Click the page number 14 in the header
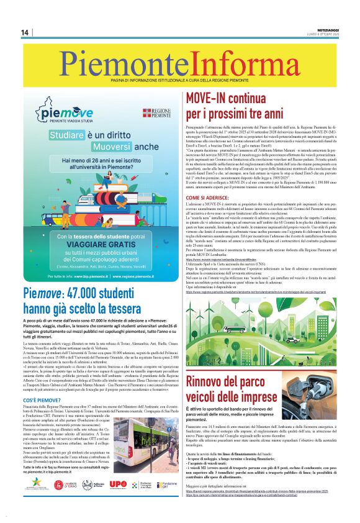coord(25,32)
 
